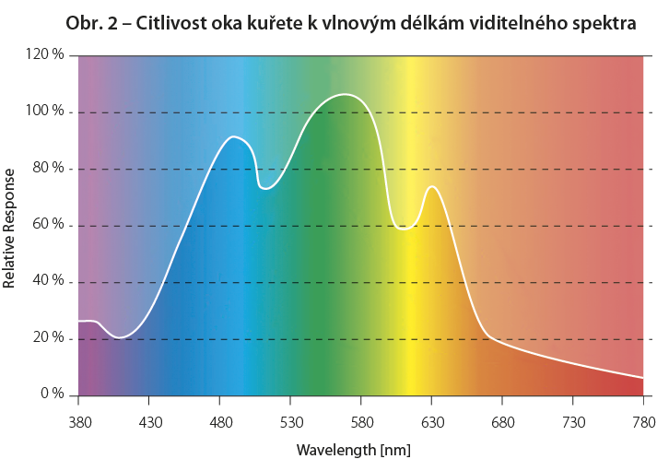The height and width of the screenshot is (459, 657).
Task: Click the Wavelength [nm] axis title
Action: [353, 450]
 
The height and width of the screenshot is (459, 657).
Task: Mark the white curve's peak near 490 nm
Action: [234, 136]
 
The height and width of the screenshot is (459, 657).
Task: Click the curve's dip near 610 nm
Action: [404, 229]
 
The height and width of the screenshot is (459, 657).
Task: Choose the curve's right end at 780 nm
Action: [643, 378]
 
